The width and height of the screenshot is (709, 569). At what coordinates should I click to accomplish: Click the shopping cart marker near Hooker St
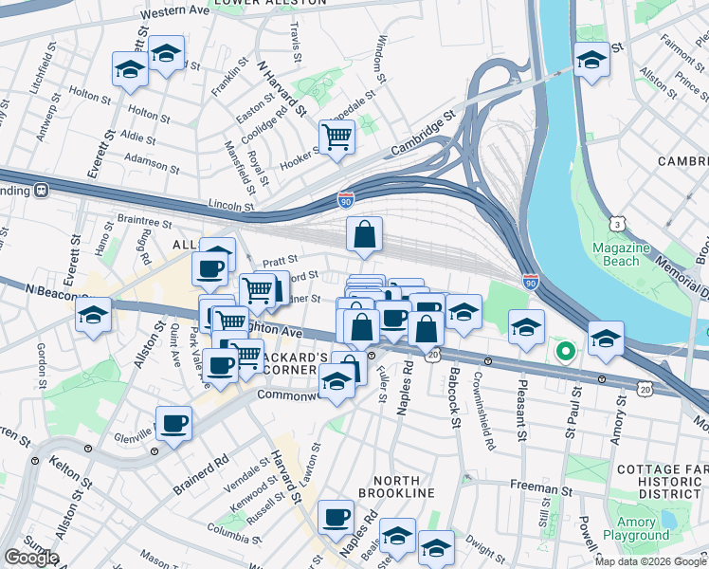[336, 137]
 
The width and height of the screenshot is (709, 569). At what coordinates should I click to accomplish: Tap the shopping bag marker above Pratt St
[365, 234]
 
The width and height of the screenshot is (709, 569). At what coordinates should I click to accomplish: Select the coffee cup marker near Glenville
[173, 423]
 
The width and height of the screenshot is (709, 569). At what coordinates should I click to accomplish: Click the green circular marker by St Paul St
[566, 353]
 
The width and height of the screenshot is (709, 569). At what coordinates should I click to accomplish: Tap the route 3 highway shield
[618, 224]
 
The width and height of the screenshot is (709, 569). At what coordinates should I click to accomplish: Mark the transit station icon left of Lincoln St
[42, 190]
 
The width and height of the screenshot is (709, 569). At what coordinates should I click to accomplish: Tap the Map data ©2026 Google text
[649, 561]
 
